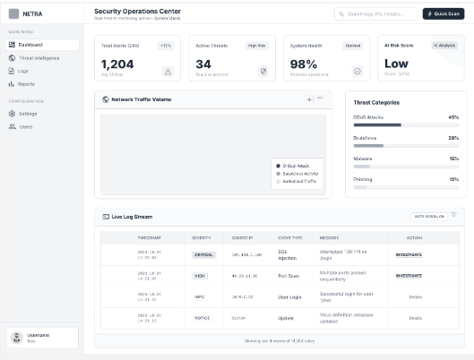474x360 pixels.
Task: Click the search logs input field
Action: [376, 13]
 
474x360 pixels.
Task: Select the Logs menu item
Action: [23, 70]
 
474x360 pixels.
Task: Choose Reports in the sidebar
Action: [26, 83]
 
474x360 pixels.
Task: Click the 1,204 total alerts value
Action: [117, 64]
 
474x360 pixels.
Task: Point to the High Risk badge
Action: [256, 45]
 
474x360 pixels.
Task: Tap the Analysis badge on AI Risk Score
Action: [444, 45]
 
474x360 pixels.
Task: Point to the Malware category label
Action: [363, 158]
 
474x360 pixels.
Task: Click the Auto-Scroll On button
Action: [428, 216]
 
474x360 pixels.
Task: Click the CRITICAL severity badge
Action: [204, 254]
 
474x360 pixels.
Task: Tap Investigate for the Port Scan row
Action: [409, 275]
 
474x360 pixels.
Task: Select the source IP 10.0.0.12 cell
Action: [244, 296]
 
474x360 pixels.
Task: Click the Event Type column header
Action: [290, 237]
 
